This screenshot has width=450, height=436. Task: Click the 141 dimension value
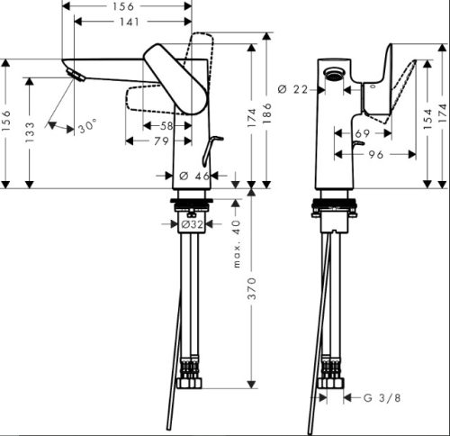tap(130, 22)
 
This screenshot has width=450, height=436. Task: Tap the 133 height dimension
tap(30, 132)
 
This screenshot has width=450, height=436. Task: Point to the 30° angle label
tap(87, 126)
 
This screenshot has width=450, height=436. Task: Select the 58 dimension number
tap(166, 126)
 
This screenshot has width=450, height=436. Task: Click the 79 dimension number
tap(161, 141)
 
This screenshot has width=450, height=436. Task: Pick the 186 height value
tap(266, 113)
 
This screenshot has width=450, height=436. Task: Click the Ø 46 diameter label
tap(194, 176)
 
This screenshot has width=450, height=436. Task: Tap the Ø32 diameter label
tap(192, 224)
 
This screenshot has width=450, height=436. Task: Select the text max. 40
tap(237, 243)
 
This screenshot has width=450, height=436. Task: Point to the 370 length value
tap(252, 288)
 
